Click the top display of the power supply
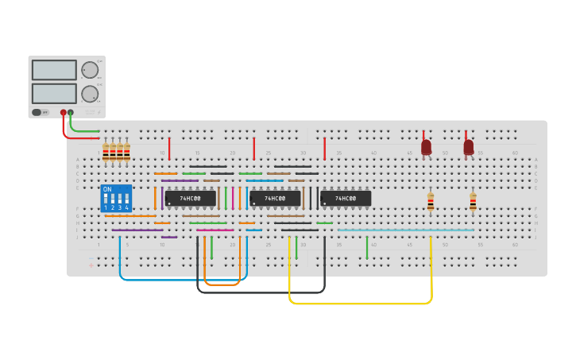54,70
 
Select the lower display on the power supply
54,93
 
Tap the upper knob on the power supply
89,70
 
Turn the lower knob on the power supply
89,93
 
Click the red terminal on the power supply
63,112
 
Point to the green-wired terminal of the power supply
71,112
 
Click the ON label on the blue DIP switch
107,189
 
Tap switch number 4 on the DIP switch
126,199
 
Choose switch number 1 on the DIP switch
105,199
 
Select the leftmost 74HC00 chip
190,198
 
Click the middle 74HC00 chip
275,198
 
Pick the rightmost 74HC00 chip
346,198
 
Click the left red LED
426,147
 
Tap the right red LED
469,147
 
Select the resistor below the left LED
431,203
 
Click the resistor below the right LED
473,203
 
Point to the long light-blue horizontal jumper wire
405,230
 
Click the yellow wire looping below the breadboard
358,304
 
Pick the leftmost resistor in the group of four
106,151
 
